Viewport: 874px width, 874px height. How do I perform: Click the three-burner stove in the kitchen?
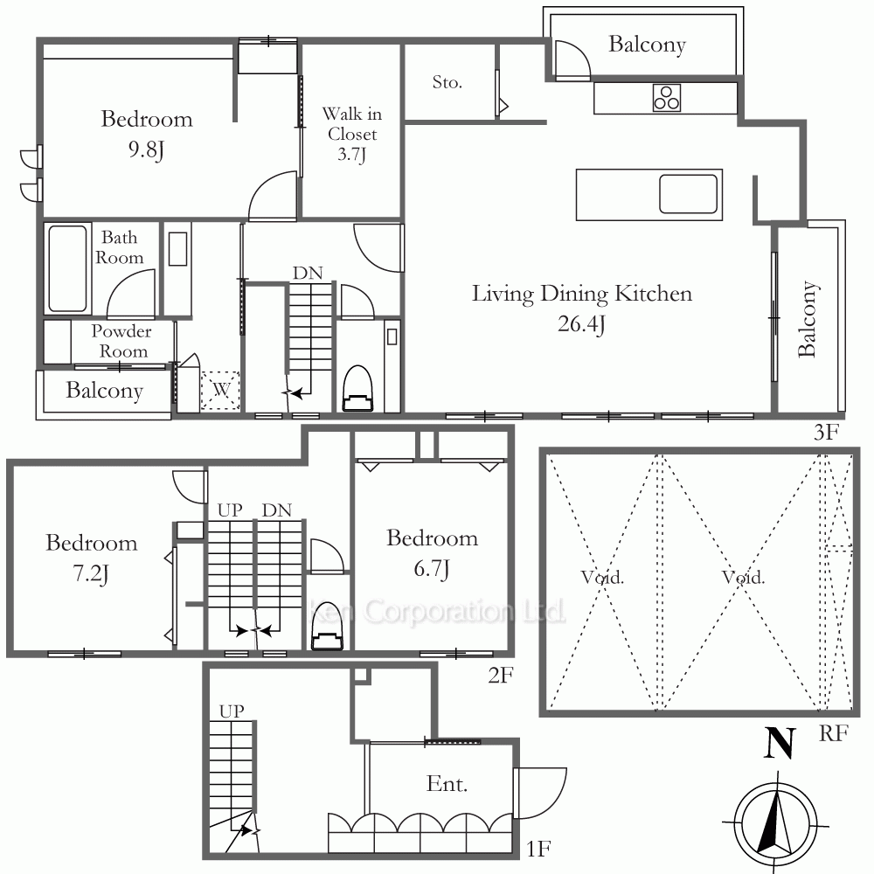tap(667, 98)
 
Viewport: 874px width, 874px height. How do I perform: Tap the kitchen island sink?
tap(689, 194)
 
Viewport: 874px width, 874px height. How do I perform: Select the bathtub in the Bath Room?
tap(67, 268)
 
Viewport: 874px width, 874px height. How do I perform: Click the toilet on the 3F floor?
tap(357, 389)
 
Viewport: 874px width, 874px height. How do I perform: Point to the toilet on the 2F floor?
tap(327, 626)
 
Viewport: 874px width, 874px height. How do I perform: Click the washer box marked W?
tap(220, 390)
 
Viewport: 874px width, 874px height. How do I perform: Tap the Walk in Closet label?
tap(352, 134)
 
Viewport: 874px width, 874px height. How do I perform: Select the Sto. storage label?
tap(447, 82)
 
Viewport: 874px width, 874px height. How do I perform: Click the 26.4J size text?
tap(581, 324)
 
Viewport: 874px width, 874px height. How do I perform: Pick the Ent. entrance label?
tap(447, 784)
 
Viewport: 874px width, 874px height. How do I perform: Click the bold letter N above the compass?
tap(779, 744)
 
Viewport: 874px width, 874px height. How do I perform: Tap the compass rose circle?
tap(775, 822)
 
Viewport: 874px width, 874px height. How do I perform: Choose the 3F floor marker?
tap(826, 432)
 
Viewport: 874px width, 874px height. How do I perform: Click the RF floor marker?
tap(833, 733)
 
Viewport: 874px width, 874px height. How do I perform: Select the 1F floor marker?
tap(538, 849)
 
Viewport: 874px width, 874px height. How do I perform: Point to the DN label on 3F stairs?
tap(308, 273)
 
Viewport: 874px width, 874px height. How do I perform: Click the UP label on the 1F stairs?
tap(232, 711)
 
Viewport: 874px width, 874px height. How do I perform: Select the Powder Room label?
tap(121, 341)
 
